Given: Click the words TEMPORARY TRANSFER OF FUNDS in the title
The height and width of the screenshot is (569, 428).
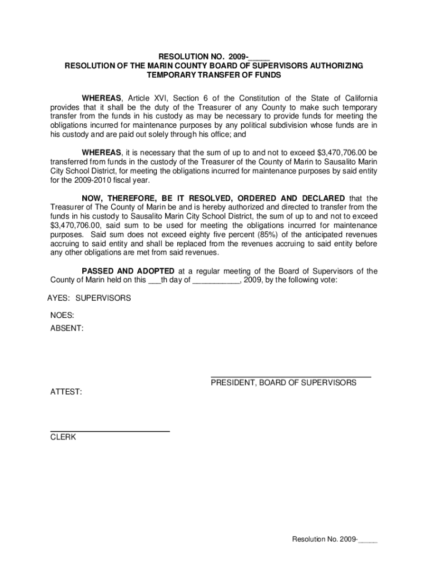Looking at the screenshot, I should click(214, 74).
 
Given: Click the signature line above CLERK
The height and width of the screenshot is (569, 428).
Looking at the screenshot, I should click(110, 431).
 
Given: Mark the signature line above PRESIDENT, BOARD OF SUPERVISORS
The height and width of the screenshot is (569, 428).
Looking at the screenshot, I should click(291, 377).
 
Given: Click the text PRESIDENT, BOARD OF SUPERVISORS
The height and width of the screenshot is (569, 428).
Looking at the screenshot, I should click(283, 383).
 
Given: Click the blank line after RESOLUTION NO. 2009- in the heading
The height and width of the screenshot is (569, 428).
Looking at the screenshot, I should click(260, 57).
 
